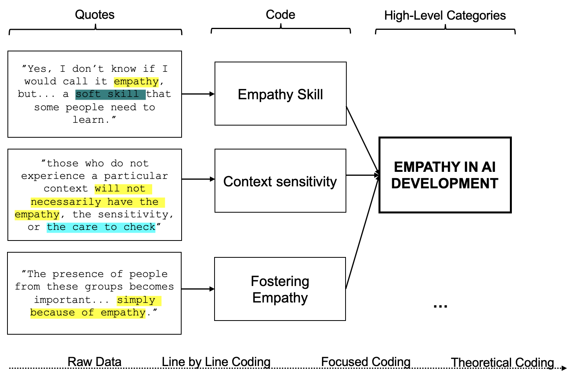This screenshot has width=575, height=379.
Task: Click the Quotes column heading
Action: [95, 15]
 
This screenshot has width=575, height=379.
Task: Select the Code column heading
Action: [280, 15]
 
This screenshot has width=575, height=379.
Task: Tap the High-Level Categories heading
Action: [445, 16]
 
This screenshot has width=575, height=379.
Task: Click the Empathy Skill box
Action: [280, 94]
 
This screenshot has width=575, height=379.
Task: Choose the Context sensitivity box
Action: [280, 181]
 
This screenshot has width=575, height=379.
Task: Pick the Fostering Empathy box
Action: [280, 289]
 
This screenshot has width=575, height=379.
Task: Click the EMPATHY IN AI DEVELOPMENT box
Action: [445, 175]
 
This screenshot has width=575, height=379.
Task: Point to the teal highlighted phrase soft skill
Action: [110, 94]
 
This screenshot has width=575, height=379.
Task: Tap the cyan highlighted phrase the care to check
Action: [101, 227]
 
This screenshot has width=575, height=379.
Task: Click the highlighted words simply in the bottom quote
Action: [136, 300]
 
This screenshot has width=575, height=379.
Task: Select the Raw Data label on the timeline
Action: [95, 362]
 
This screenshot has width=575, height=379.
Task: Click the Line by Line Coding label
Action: [216, 362]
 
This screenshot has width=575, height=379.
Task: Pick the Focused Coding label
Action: [366, 362]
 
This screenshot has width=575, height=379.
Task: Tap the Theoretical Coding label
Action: [502, 363]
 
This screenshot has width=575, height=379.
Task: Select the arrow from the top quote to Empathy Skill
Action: [198, 94]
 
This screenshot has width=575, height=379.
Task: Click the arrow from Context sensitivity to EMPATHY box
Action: [362, 175]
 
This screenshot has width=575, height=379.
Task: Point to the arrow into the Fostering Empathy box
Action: [198, 289]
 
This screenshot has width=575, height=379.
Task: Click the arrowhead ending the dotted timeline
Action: [564, 368]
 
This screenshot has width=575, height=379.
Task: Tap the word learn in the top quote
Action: [89, 120]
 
